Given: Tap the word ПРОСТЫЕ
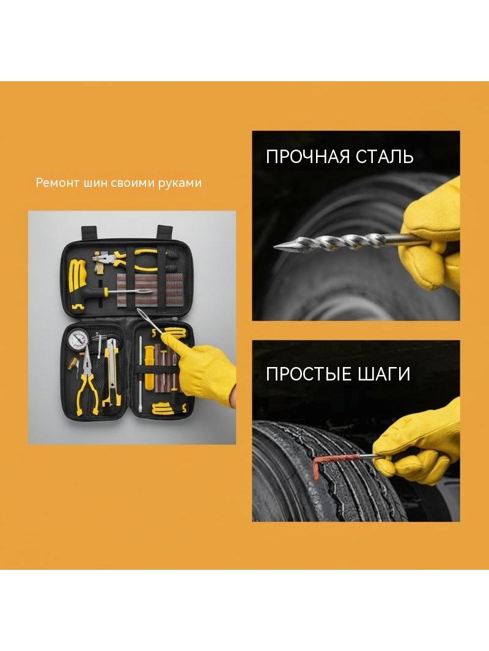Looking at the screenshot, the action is (x=308, y=374).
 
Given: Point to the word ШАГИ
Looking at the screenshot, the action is (x=383, y=374).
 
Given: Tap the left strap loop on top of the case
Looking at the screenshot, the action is (x=89, y=231).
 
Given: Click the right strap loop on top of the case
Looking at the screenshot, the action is (x=164, y=231).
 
